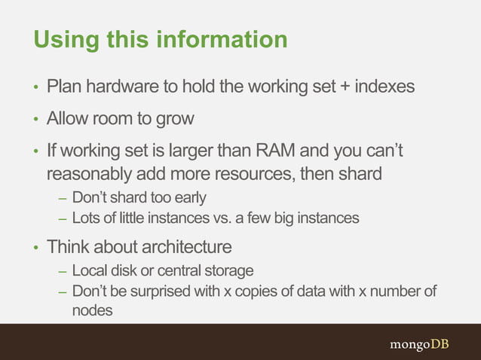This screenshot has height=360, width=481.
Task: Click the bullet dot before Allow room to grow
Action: point(35,120)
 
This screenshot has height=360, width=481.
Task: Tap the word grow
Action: point(176,119)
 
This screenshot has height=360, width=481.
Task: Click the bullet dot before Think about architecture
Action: point(35,248)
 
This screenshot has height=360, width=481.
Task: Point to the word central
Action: point(179,270)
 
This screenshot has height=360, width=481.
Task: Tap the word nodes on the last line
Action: point(92,310)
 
